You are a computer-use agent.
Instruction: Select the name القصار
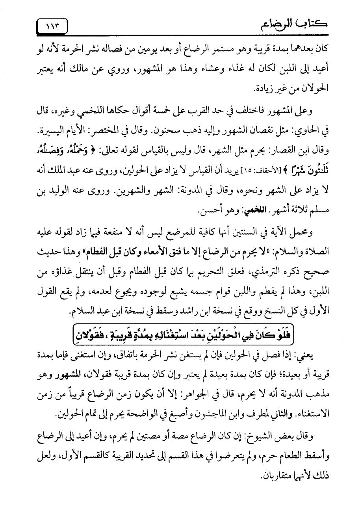tap(294, 147)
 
